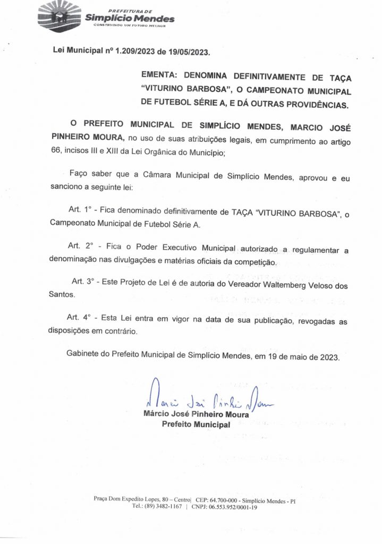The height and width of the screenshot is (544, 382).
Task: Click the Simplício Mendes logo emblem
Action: (x=59, y=18)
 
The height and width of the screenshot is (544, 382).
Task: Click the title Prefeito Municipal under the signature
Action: (x=196, y=424)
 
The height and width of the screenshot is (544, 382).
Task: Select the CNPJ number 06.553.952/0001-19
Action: (x=234, y=507)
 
